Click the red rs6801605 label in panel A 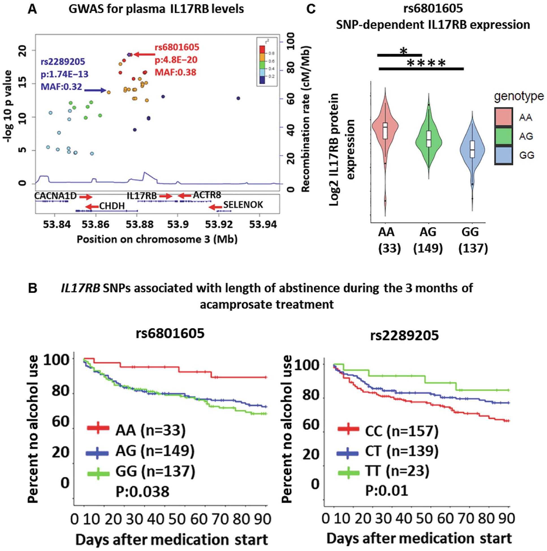(177, 47)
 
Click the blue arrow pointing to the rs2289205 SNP (95, 90)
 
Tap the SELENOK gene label (243, 205)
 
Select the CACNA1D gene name (55, 196)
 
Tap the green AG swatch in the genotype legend (504, 136)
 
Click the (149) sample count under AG (428, 249)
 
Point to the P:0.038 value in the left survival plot (142, 491)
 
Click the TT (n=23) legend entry (397, 471)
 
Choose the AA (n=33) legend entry (150, 430)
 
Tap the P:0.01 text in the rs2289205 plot (387, 491)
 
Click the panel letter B (32, 288)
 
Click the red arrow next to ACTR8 (184, 195)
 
